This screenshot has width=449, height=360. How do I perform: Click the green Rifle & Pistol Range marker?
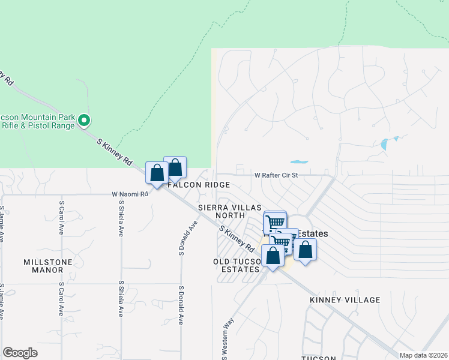[85, 121]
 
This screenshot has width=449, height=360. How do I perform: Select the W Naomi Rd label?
[130, 194]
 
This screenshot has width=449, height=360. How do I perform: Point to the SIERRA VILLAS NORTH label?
[221, 211]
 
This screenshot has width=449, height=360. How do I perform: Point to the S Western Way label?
[226, 339]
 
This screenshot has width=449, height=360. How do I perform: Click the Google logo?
[20, 352]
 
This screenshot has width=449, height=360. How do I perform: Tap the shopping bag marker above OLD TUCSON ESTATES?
[273, 255]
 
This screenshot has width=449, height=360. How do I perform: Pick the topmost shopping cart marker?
[275, 221]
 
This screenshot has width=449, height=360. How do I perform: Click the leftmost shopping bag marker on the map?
[157, 173]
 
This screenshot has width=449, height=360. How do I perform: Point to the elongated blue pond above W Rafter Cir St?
[299, 161]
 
